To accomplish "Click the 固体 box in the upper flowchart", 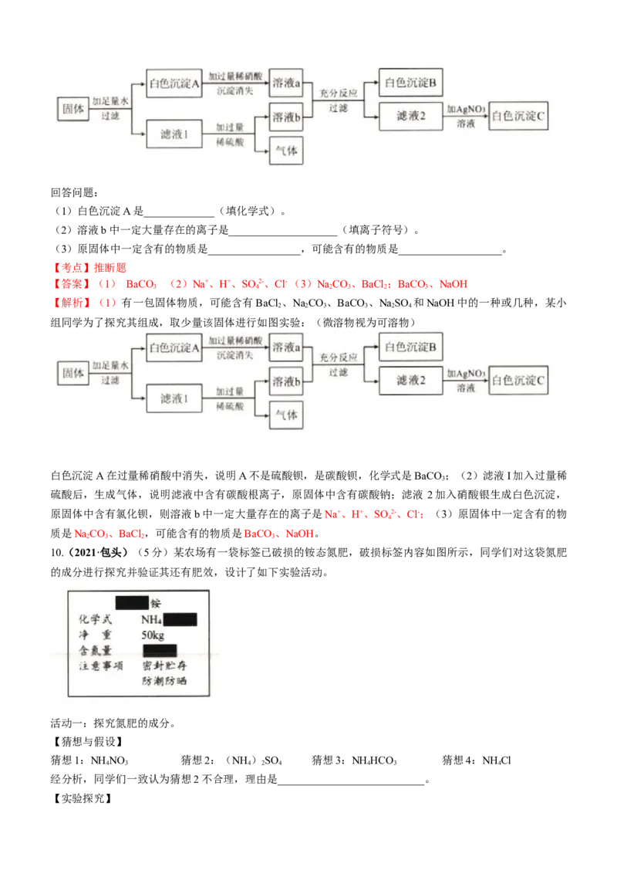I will pyautogui.click(x=73, y=109).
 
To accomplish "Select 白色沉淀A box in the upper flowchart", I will pyautogui.click(x=174, y=83).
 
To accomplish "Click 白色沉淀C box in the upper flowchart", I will pyautogui.click(x=519, y=116).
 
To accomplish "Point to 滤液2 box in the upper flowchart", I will pyautogui.click(x=410, y=116).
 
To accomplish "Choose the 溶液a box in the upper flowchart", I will pyautogui.click(x=286, y=83).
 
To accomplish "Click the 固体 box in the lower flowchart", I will pyautogui.click(x=73, y=373).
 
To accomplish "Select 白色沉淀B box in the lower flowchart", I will pyautogui.click(x=410, y=347).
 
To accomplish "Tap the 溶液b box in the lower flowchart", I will pyautogui.click(x=286, y=381).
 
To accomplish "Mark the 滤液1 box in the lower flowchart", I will pyautogui.click(x=174, y=398).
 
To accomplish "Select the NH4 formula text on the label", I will pyautogui.click(x=151, y=619).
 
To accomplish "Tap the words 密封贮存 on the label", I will pyautogui.click(x=164, y=665).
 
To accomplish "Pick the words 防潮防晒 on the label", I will pyautogui.click(x=164, y=681).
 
